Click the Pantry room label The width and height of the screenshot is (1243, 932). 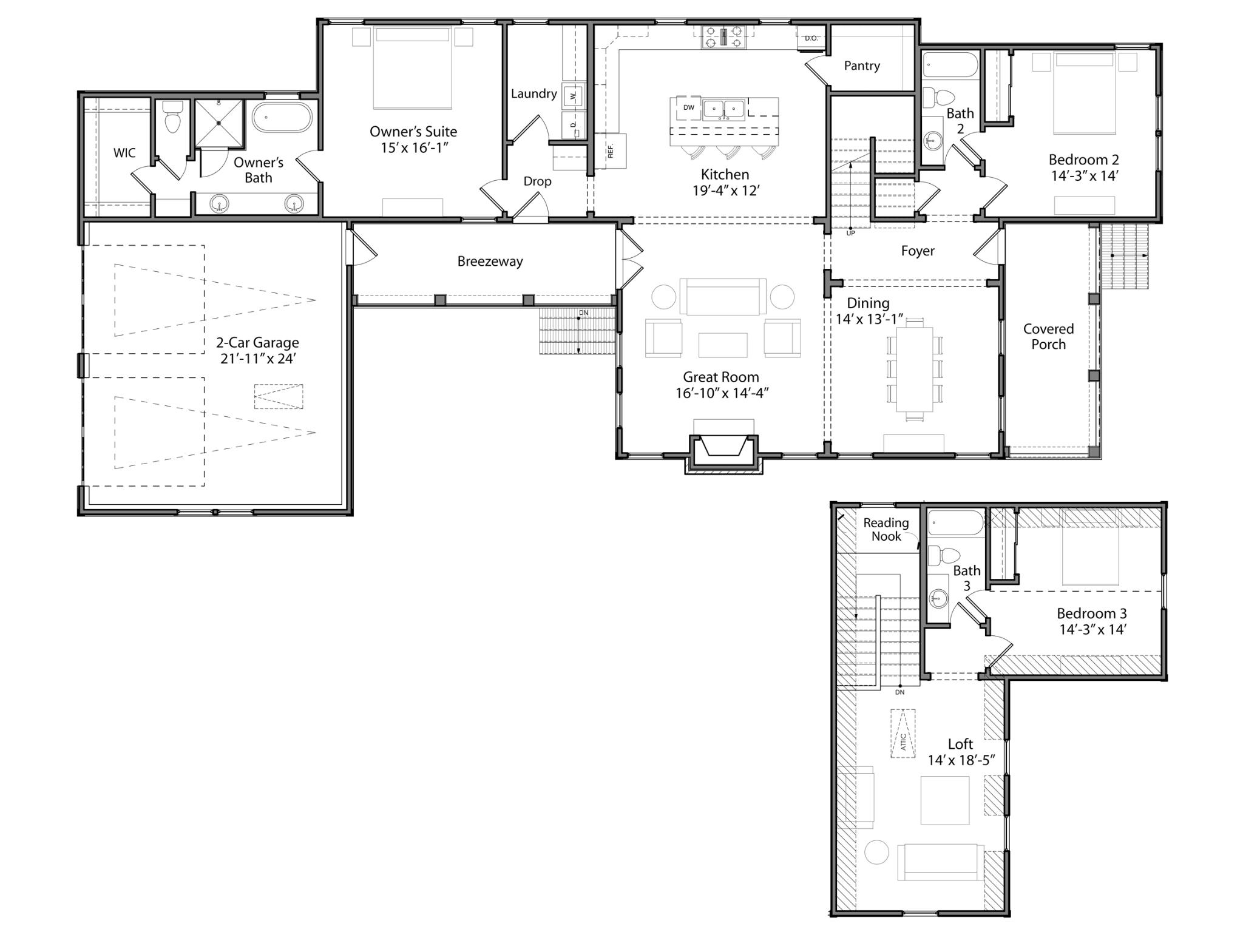(x=861, y=66)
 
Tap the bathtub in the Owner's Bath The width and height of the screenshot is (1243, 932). (x=282, y=117)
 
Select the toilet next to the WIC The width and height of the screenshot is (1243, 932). (x=173, y=116)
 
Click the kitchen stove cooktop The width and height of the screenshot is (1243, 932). (x=723, y=36)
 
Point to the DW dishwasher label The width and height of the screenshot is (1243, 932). (x=688, y=108)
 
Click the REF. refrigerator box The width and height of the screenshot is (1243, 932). (x=610, y=150)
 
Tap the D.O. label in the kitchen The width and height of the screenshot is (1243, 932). (x=811, y=38)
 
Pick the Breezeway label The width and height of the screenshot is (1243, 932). (x=490, y=262)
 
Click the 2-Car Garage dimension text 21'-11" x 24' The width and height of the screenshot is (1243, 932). (x=257, y=359)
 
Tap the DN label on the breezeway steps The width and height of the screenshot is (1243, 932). (x=583, y=313)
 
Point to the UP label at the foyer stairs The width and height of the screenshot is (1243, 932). (x=850, y=233)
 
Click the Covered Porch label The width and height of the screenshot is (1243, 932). (x=1048, y=337)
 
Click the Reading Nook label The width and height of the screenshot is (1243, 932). (x=886, y=529)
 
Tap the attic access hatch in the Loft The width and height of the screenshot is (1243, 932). (x=903, y=734)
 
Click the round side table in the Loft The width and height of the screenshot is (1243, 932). (x=876, y=852)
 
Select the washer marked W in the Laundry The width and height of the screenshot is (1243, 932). (x=573, y=96)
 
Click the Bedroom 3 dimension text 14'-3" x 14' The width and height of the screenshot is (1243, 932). (x=1092, y=630)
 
